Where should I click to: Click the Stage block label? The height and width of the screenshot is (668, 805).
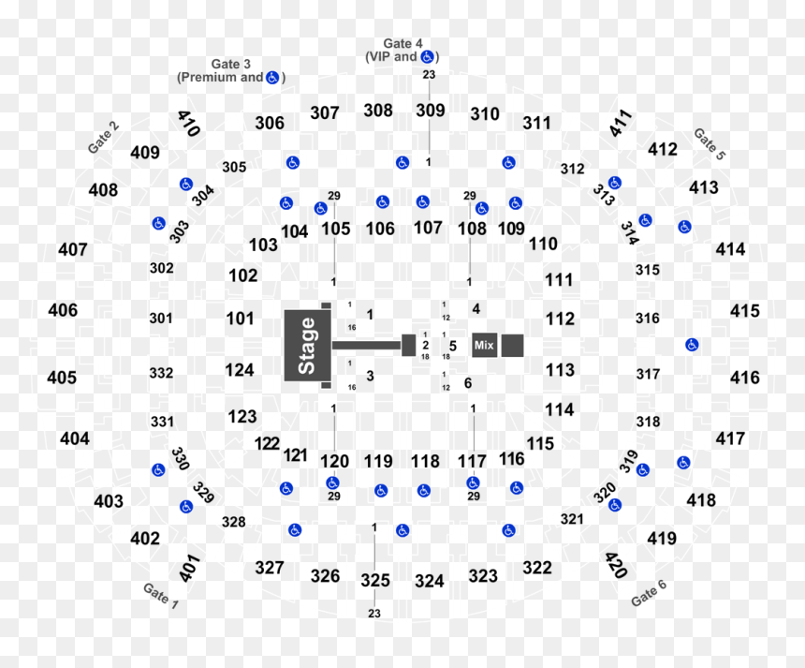306,346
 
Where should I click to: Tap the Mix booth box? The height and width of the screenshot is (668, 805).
484,345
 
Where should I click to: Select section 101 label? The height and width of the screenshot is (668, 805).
241,319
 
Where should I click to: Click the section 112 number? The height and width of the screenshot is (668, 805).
560,319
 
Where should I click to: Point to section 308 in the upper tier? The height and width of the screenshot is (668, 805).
378,111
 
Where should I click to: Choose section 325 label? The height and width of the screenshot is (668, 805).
375,580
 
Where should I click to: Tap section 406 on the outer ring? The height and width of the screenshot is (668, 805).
63,310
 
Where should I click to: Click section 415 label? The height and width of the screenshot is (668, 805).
745,311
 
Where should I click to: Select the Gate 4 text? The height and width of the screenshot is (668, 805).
403,44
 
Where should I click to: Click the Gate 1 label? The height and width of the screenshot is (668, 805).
161,596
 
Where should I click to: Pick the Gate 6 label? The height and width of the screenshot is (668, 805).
649,593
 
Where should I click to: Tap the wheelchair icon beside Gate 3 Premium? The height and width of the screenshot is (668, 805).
272,78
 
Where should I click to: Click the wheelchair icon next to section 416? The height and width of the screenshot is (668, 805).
692,345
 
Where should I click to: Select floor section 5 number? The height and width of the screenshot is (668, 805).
453,346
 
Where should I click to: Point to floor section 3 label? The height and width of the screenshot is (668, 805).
370,376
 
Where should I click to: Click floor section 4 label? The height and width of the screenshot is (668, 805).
476,309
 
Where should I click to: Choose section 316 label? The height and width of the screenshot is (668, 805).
648,319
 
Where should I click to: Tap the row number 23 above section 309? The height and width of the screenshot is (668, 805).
430,75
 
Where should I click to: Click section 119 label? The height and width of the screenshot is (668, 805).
378,462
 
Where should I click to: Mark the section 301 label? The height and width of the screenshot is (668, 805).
161,319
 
